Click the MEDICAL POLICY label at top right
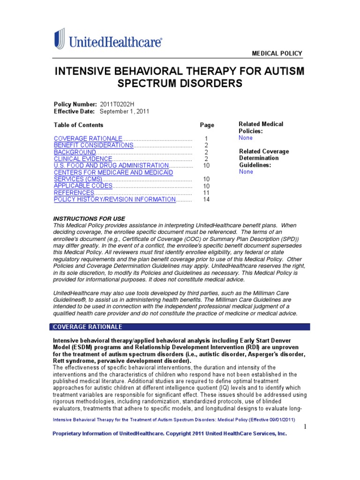point(277,53)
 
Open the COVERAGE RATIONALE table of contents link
point(88,139)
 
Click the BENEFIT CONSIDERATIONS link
point(94,145)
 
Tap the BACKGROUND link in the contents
point(75,152)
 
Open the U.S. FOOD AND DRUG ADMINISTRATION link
point(111,165)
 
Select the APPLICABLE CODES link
point(83,186)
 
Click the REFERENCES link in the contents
point(74,193)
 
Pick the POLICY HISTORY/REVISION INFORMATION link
point(115,199)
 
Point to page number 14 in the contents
point(206,200)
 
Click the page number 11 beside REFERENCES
point(206,193)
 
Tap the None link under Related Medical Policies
point(246,138)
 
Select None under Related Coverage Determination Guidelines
point(246,172)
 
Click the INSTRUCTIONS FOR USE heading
point(89,219)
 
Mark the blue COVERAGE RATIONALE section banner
point(180,327)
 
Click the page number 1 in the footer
point(304,427)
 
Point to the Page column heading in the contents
point(207,125)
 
